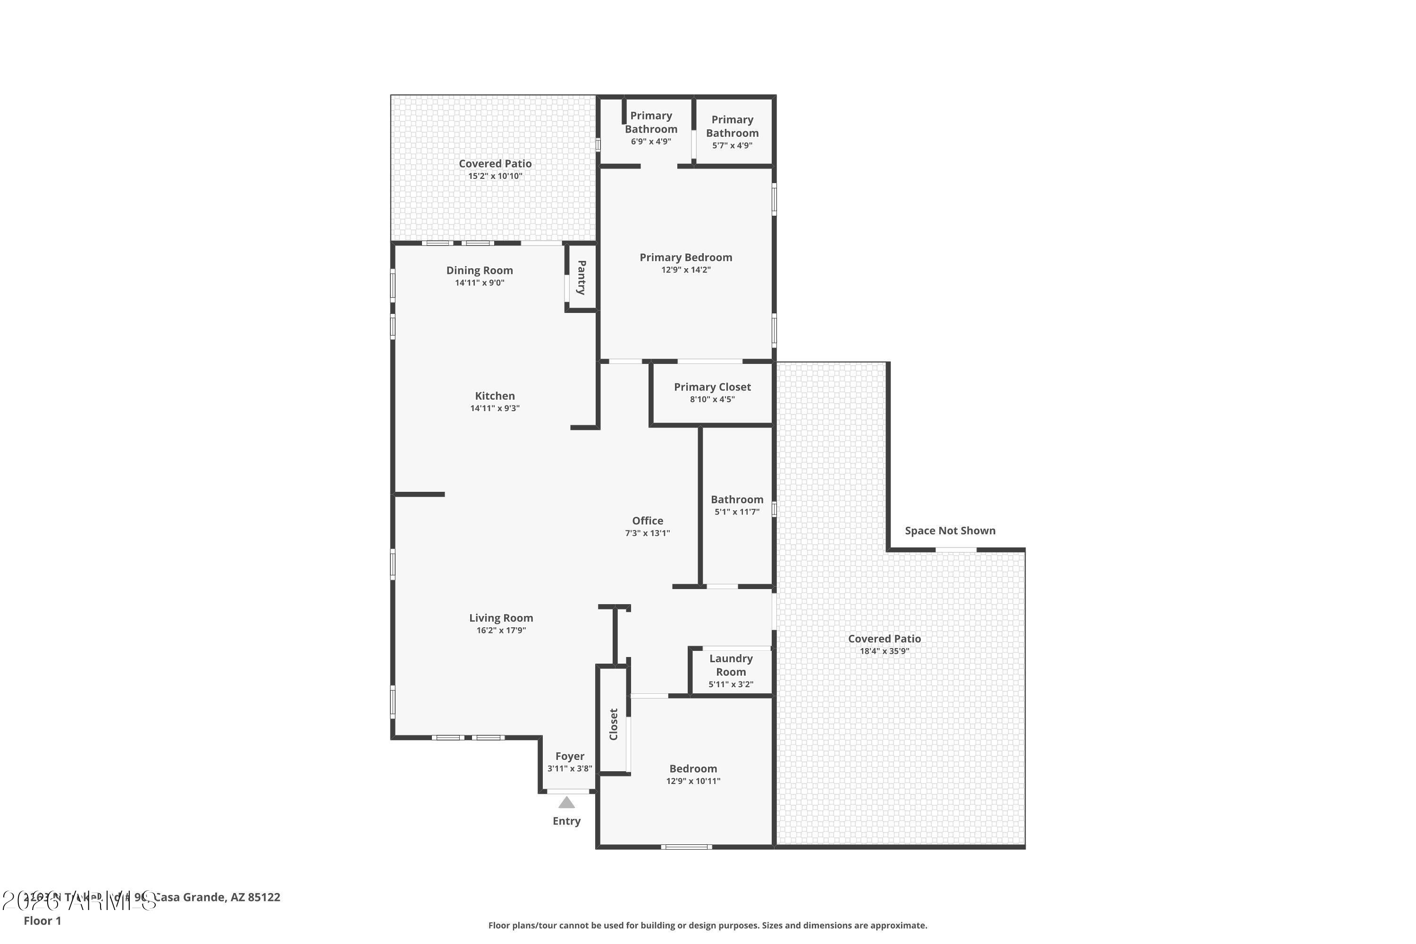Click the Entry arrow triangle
pos(566,802)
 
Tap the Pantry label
pos(582,278)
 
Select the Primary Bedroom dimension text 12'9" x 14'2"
pos(686,270)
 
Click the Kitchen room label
pos(495,396)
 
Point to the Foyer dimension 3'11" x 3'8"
pos(570,769)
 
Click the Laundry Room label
pos(731,665)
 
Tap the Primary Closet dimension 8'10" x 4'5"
pos(712,399)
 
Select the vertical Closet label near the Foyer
pos(614,724)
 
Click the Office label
pos(647,521)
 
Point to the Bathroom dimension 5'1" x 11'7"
pos(737,512)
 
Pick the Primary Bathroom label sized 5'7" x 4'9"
pos(732,126)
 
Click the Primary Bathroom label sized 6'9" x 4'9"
pos(651,122)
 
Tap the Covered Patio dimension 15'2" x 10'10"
pos(495,177)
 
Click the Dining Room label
pos(479,270)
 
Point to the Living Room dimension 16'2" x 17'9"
pos(501,630)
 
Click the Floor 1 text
pos(42,920)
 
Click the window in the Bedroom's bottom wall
pos(686,846)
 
